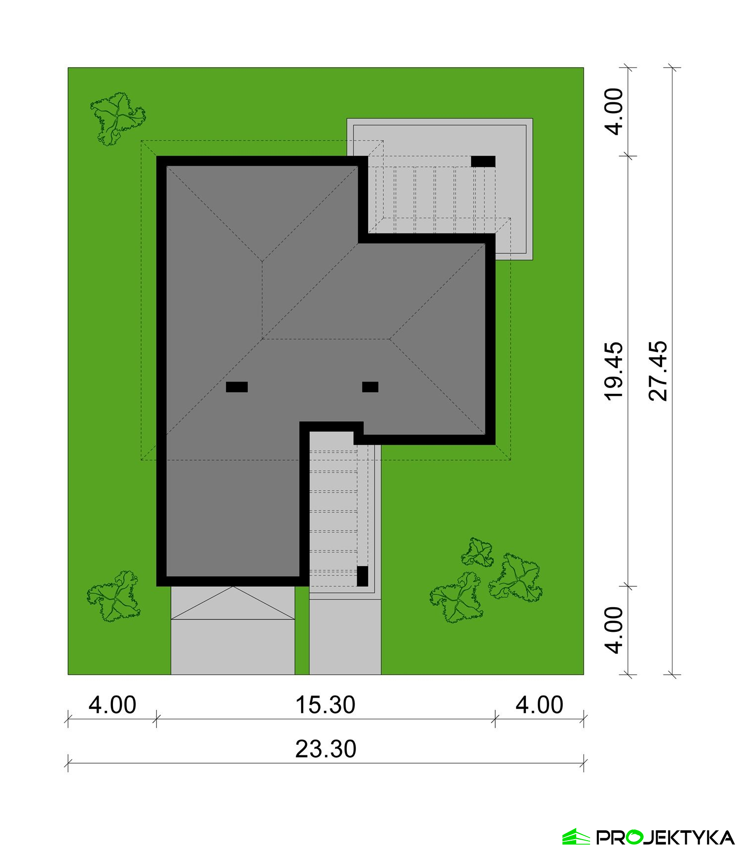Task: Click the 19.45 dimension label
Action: pos(615,371)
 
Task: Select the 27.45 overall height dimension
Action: pos(659,371)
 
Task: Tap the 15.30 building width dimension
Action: pos(325,705)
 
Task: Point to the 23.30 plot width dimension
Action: pos(326,749)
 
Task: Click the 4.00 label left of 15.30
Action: pos(112,705)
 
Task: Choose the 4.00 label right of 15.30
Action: pos(539,705)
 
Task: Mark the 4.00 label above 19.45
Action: pos(615,112)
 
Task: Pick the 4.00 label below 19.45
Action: pos(615,630)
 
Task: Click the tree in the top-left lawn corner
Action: pos(118,118)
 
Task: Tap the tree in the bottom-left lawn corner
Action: pos(114,596)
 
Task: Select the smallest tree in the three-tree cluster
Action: pos(478,552)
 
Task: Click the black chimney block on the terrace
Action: pos(483,161)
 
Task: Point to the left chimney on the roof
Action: pos(237,387)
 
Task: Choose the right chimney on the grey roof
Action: pos(370,387)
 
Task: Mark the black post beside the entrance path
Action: pos(363,576)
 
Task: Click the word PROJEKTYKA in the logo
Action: pos(665,837)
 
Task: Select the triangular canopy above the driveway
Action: pos(233,603)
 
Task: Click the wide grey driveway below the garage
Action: pos(233,647)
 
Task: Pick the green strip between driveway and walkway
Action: pos(302,630)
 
